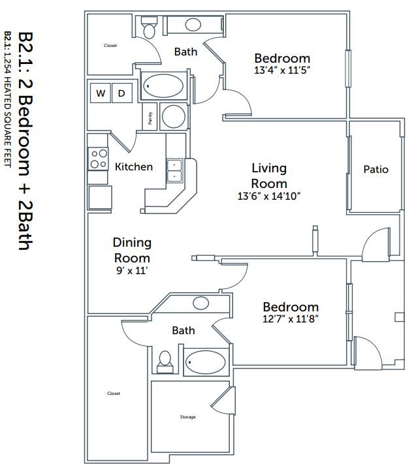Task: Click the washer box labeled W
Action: (x=101, y=93)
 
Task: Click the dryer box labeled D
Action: (x=121, y=93)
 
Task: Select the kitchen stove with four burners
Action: (x=98, y=159)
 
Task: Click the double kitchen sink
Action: (x=175, y=171)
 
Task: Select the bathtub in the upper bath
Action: (x=164, y=86)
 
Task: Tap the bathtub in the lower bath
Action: (x=206, y=361)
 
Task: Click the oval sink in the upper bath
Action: (x=193, y=25)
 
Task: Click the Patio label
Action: (x=375, y=170)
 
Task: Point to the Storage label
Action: (x=187, y=417)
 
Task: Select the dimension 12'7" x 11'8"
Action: (x=290, y=319)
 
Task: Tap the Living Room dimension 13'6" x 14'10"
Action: (x=269, y=195)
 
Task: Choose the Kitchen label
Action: (x=134, y=166)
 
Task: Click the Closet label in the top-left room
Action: (x=110, y=46)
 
